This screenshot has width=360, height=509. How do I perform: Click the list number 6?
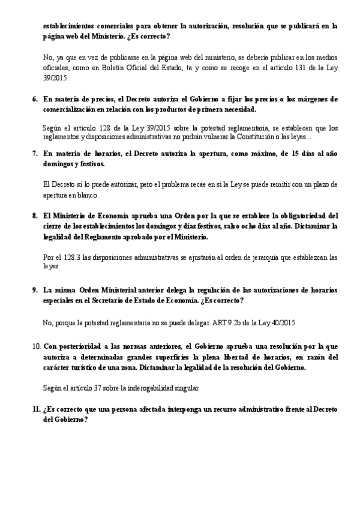[x=34, y=98]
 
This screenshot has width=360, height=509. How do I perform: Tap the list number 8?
[x=34, y=215]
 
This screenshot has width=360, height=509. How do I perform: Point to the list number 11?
[x=36, y=409]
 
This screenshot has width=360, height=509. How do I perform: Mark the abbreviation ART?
[x=220, y=322]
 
